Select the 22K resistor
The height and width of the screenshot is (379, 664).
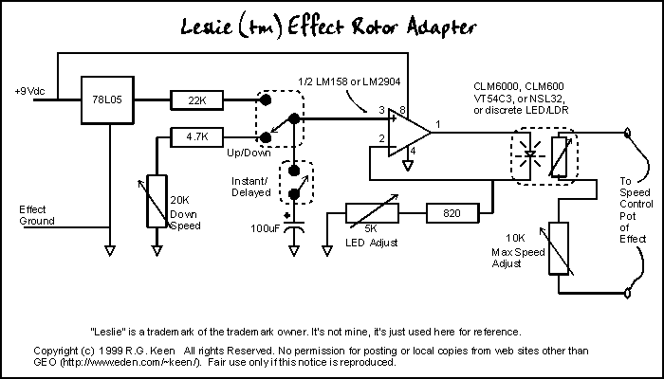click(196, 99)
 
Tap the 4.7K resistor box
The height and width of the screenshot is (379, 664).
click(196, 136)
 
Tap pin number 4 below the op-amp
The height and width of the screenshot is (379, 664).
click(410, 151)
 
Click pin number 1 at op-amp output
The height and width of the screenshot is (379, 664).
click(439, 124)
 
